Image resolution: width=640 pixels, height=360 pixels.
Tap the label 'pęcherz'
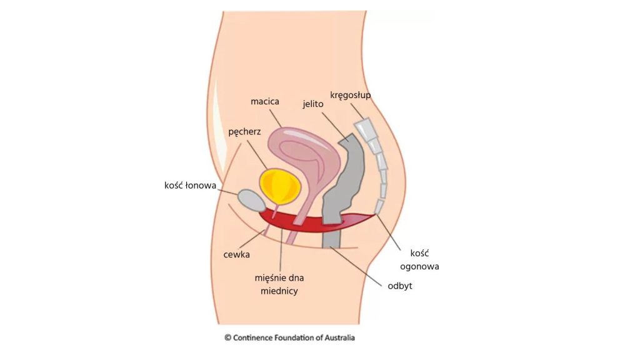pos(244,132)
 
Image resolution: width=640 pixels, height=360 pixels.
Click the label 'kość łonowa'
pos(186,185)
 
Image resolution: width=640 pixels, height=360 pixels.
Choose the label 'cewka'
pos(236,254)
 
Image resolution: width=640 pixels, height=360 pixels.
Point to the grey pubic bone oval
pos(252,201)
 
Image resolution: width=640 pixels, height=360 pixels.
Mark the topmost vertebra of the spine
pos(364,129)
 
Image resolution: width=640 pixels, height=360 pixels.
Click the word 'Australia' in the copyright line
pos(337,337)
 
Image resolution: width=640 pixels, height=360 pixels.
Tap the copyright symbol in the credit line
pos(227,337)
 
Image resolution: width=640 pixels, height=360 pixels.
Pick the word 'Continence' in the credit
pos(254,337)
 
